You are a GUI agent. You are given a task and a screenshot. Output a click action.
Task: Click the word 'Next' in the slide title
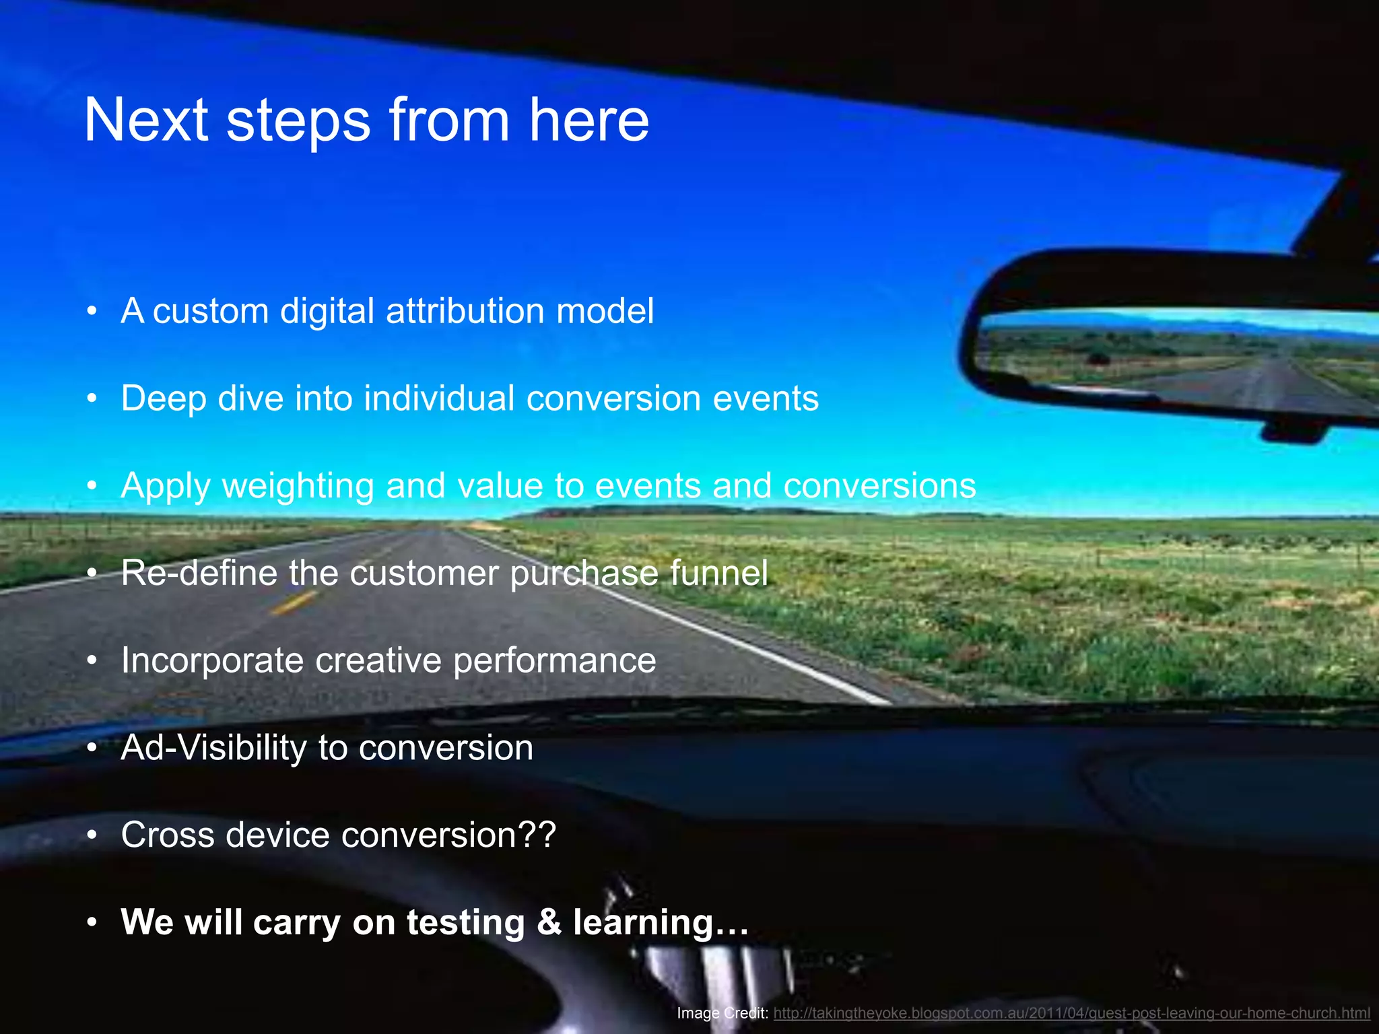146,120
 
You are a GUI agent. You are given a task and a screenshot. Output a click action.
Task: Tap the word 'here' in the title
588,120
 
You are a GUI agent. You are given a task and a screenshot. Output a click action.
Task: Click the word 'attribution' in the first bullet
465,311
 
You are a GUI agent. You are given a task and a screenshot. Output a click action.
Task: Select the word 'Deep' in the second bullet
163,399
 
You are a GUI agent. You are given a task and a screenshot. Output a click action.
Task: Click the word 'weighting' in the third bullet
298,486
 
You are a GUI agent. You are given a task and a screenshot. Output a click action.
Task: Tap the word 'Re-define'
199,573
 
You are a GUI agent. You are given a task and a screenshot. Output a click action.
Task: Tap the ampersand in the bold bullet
549,922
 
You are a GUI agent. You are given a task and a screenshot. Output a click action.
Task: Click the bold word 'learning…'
661,922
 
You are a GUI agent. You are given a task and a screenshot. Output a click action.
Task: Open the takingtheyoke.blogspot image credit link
1071,1013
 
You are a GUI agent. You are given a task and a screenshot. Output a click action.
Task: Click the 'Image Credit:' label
722,1013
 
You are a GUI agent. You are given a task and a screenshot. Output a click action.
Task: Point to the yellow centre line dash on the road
294,603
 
